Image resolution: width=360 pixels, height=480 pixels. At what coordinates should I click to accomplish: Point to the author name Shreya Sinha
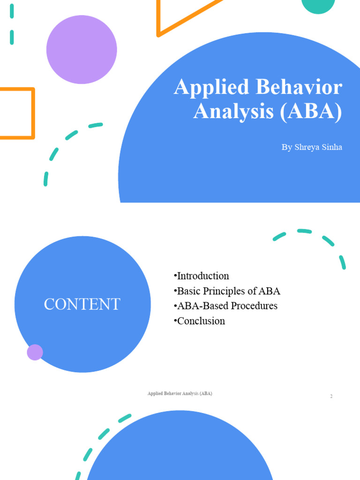click(318, 147)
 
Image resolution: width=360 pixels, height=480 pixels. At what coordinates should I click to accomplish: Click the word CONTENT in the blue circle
click(82, 304)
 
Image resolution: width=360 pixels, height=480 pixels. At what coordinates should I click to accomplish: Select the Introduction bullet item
click(201, 276)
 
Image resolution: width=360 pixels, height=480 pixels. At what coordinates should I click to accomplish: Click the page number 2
click(331, 397)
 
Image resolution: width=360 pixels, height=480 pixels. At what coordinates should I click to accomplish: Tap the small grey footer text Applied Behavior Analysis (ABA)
click(180, 394)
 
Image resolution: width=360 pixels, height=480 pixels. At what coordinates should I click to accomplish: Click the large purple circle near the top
click(82, 49)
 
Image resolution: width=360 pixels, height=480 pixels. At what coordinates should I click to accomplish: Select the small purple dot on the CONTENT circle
click(35, 352)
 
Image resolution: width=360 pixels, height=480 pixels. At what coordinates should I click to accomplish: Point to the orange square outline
click(33, 112)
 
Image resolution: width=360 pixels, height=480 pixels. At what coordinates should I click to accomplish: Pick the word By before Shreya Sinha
click(286, 147)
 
